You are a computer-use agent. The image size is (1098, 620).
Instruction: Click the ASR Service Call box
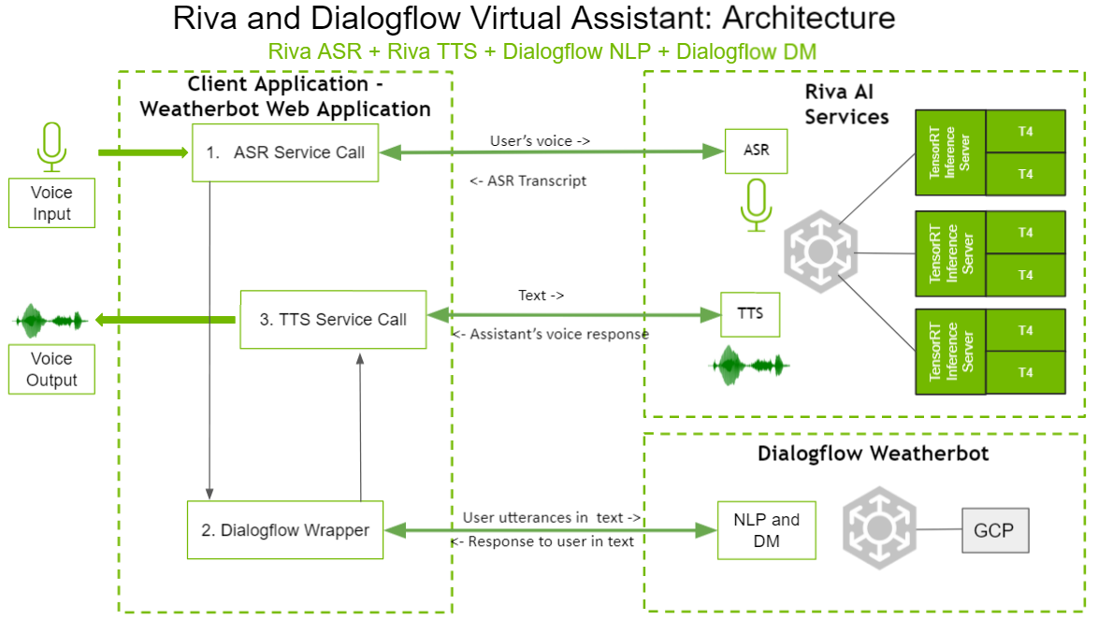[x=285, y=152]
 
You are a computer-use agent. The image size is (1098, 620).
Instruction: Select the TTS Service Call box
[x=333, y=319]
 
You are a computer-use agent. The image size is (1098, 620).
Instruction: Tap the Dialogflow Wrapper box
[x=285, y=530]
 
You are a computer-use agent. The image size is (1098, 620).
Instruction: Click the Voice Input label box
[x=51, y=204]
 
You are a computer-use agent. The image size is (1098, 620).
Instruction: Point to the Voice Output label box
[x=51, y=369]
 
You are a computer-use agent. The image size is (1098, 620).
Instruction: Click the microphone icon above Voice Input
[x=51, y=147]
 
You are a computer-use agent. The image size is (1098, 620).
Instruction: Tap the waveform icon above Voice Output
[x=51, y=321]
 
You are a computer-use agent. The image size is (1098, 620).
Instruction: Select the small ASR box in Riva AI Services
[x=756, y=150]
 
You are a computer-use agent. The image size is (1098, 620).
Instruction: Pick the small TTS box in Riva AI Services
[x=750, y=314]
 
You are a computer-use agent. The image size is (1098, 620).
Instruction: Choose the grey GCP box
[x=995, y=530]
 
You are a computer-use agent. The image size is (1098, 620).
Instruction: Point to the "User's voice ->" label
[x=540, y=141]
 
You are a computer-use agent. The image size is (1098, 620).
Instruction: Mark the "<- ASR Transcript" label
[x=528, y=180]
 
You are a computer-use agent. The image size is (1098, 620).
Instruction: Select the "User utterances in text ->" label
[x=552, y=517]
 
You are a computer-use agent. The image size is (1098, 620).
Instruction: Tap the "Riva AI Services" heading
[x=846, y=104]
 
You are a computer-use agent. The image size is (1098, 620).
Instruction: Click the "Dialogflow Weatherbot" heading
[x=873, y=454]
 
